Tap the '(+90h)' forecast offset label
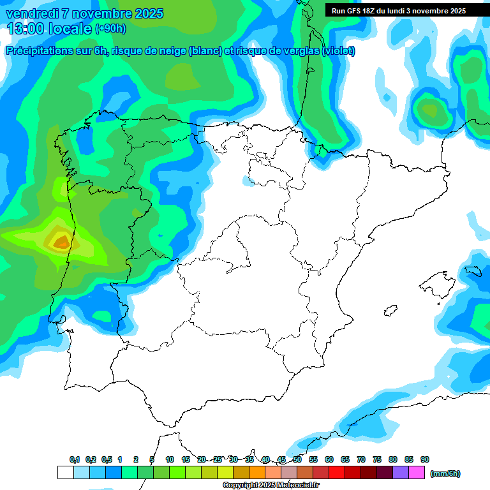point(110,29)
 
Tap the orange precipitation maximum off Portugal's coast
point(61,242)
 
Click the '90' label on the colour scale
point(425,459)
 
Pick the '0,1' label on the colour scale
point(75,459)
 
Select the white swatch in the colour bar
point(65,473)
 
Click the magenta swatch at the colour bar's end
point(417,473)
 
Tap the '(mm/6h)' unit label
point(445,473)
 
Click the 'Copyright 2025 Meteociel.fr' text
point(271,486)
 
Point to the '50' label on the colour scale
point(297,459)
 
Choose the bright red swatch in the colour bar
point(337,473)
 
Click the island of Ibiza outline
point(390,311)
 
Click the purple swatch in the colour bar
point(401,473)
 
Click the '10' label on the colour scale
point(170,459)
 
